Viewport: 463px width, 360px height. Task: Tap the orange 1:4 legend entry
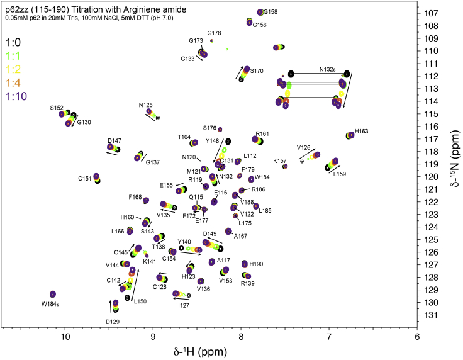pyautogui.click(x=13, y=82)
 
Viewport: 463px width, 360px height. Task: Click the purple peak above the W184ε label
pyautogui.click(x=53, y=295)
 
